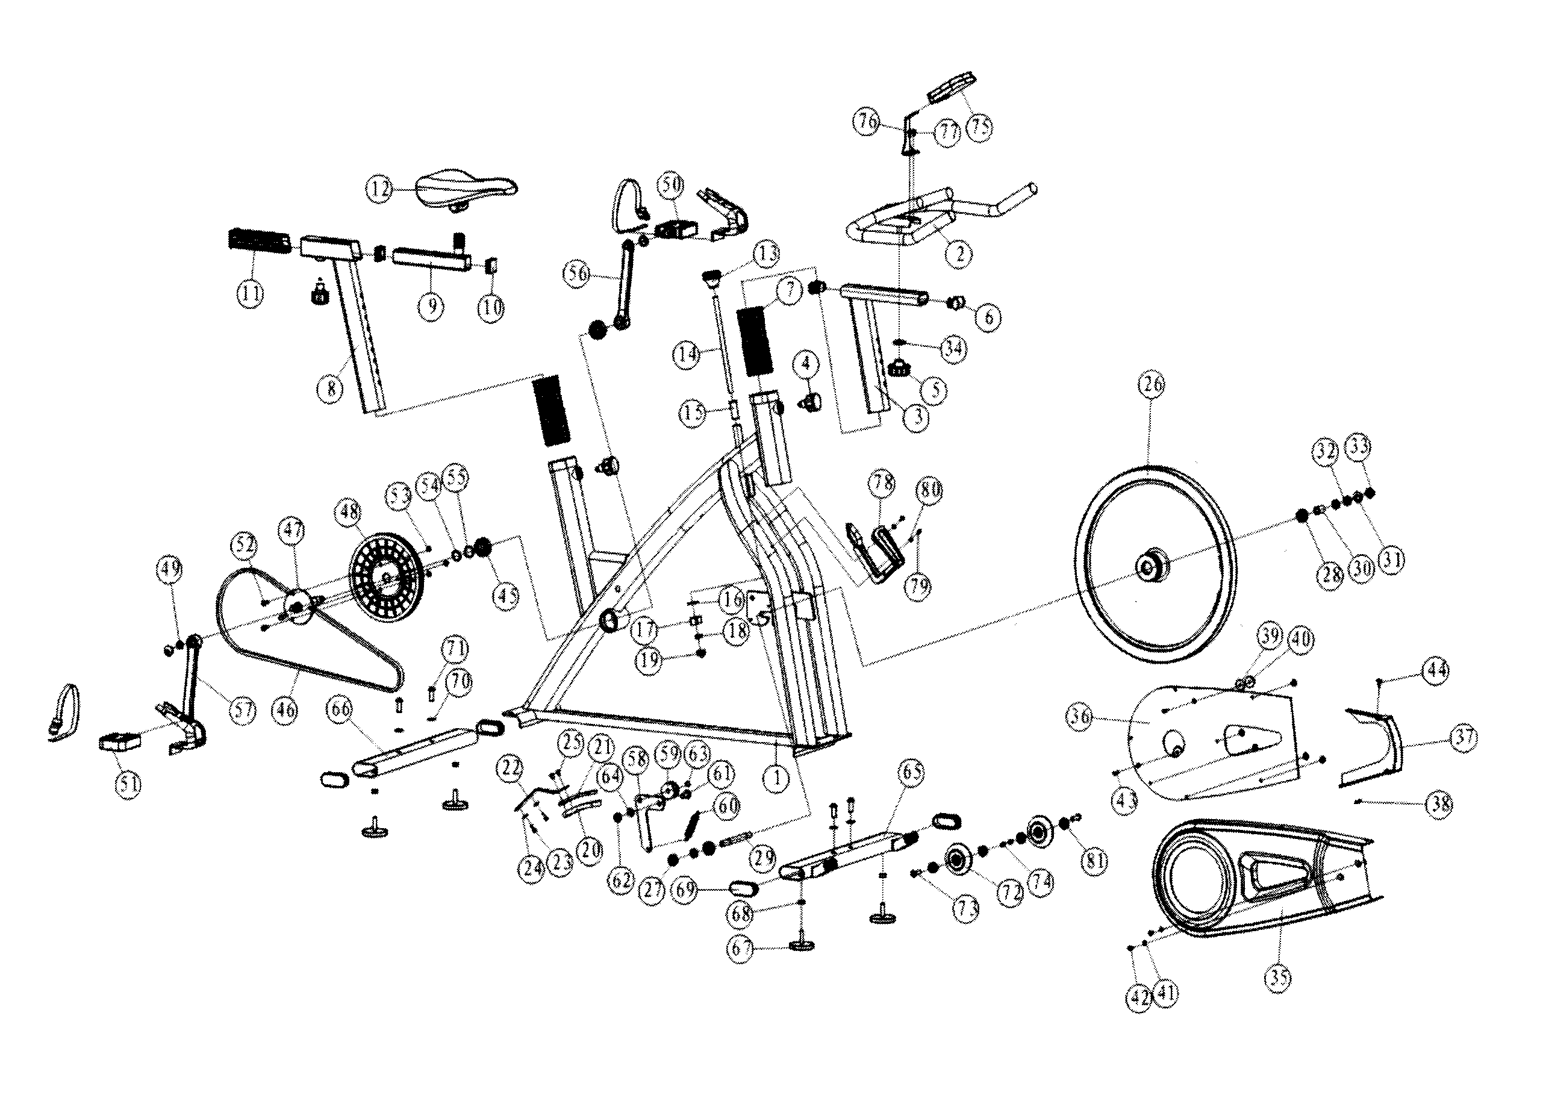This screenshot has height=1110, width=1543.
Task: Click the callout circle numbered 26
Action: coord(1150,384)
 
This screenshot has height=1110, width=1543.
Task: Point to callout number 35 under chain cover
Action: coord(1279,977)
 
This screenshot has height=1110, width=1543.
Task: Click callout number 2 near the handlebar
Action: coord(959,254)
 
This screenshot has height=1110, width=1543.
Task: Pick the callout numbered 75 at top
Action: coord(980,126)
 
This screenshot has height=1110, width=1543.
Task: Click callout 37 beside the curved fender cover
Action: coord(1464,737)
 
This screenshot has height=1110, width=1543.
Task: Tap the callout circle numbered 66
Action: coord(340,709)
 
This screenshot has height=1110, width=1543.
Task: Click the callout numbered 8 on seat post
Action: coord(331,388)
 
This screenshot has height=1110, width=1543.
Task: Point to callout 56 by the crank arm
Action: coord(578,273)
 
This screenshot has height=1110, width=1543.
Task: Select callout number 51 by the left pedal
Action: coord(128,784)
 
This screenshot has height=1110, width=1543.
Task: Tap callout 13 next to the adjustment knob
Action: coord(767,254)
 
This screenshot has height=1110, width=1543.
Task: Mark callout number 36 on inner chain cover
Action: coord(1080,716)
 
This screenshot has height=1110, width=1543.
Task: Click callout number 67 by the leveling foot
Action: coord(741,948)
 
